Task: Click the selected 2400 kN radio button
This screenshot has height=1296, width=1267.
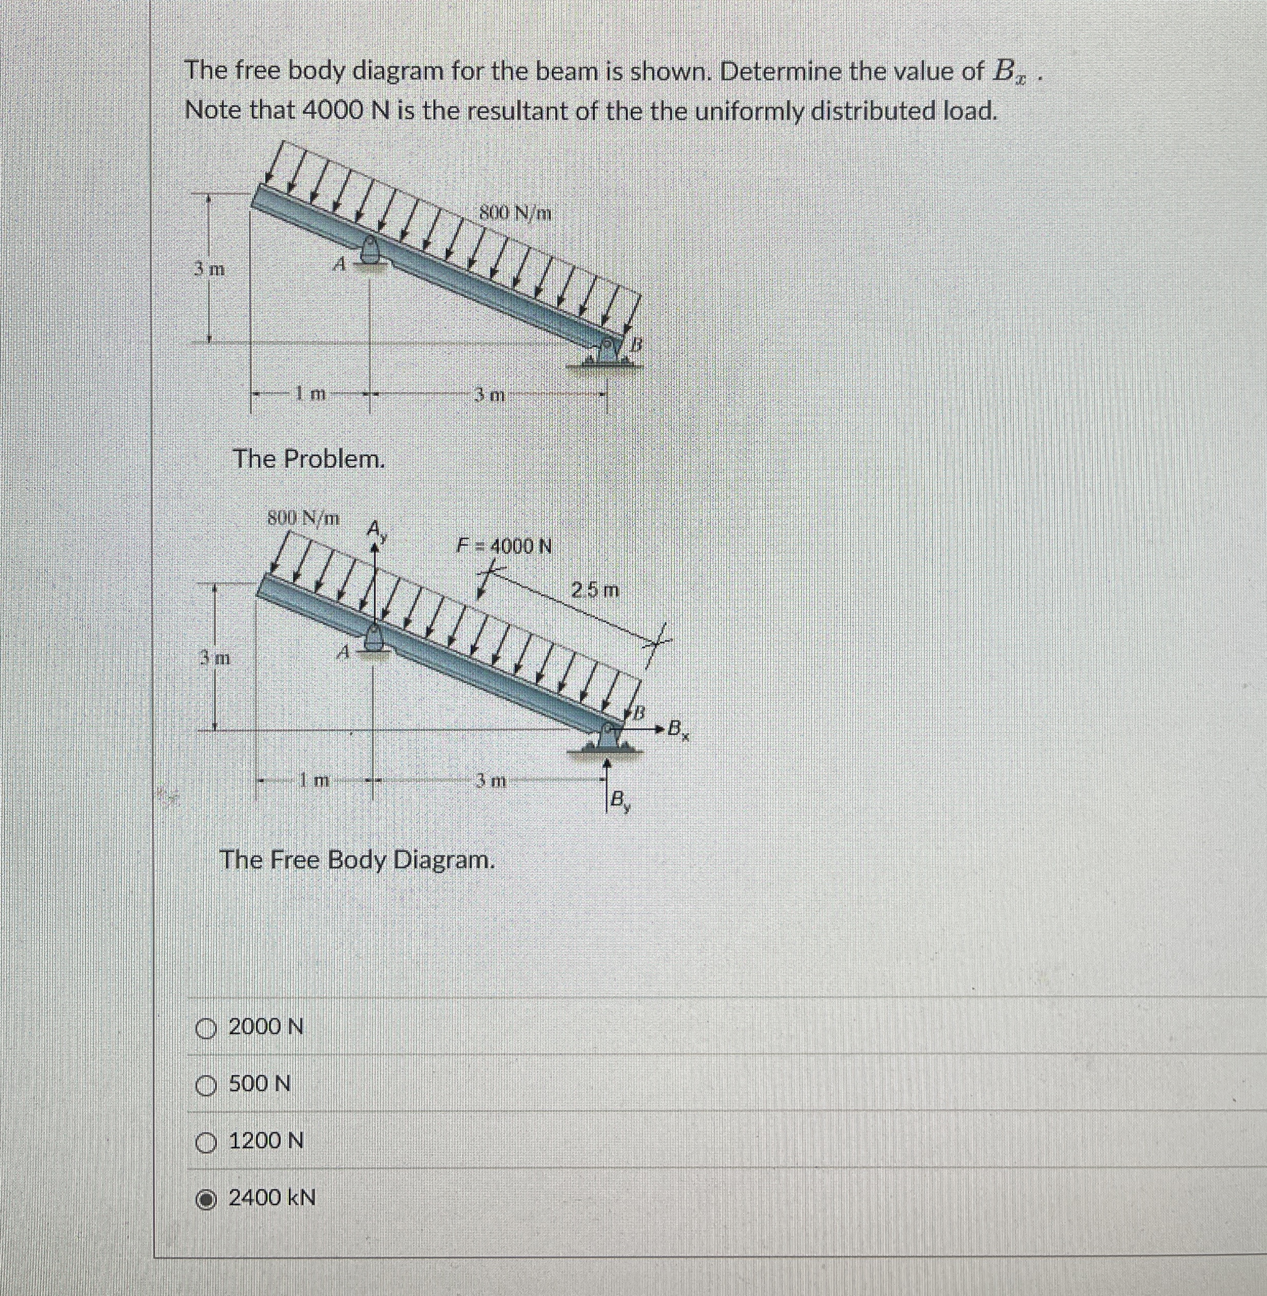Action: (207, 1199)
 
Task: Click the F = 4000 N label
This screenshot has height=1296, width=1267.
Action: (504, 546)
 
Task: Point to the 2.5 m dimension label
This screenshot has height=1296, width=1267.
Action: (596, 589)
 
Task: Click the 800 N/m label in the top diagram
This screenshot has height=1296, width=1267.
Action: (516, 213)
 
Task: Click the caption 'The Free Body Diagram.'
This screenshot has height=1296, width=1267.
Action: (357, 860)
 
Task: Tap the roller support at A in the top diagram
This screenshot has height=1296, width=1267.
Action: (372, 251)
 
